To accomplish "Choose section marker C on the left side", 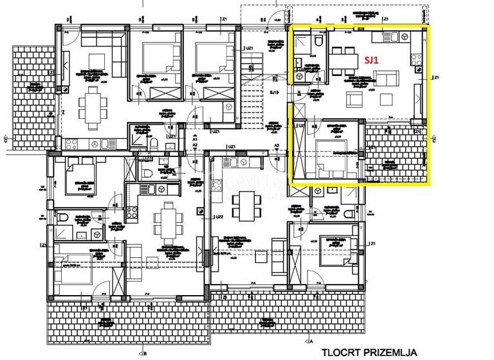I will tap(5, 138).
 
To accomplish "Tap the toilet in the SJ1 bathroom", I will tap(319, 42).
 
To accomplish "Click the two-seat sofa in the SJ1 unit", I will tap(385, 78).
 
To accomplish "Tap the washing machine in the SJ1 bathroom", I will tap(300, 63).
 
